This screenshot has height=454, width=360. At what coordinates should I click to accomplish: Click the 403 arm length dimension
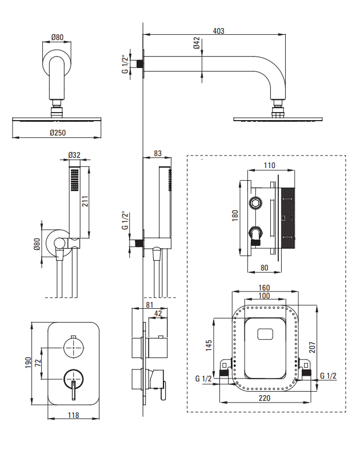[218, 31]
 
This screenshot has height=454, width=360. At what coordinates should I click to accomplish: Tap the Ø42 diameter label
[197, 43]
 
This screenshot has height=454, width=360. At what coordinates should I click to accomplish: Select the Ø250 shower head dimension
[58, 133]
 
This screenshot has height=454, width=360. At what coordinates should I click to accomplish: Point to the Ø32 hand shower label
[74, 155]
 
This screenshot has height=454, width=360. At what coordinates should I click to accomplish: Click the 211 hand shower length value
[85, 201]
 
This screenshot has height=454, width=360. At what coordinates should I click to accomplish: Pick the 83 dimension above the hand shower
[158, 153]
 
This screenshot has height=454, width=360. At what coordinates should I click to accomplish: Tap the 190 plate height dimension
[28, 363]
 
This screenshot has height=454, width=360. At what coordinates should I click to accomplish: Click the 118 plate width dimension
[73, 415]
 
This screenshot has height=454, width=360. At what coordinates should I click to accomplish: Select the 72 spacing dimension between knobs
[38, 363]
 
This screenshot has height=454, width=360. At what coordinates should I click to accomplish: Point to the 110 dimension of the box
[269, 165]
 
